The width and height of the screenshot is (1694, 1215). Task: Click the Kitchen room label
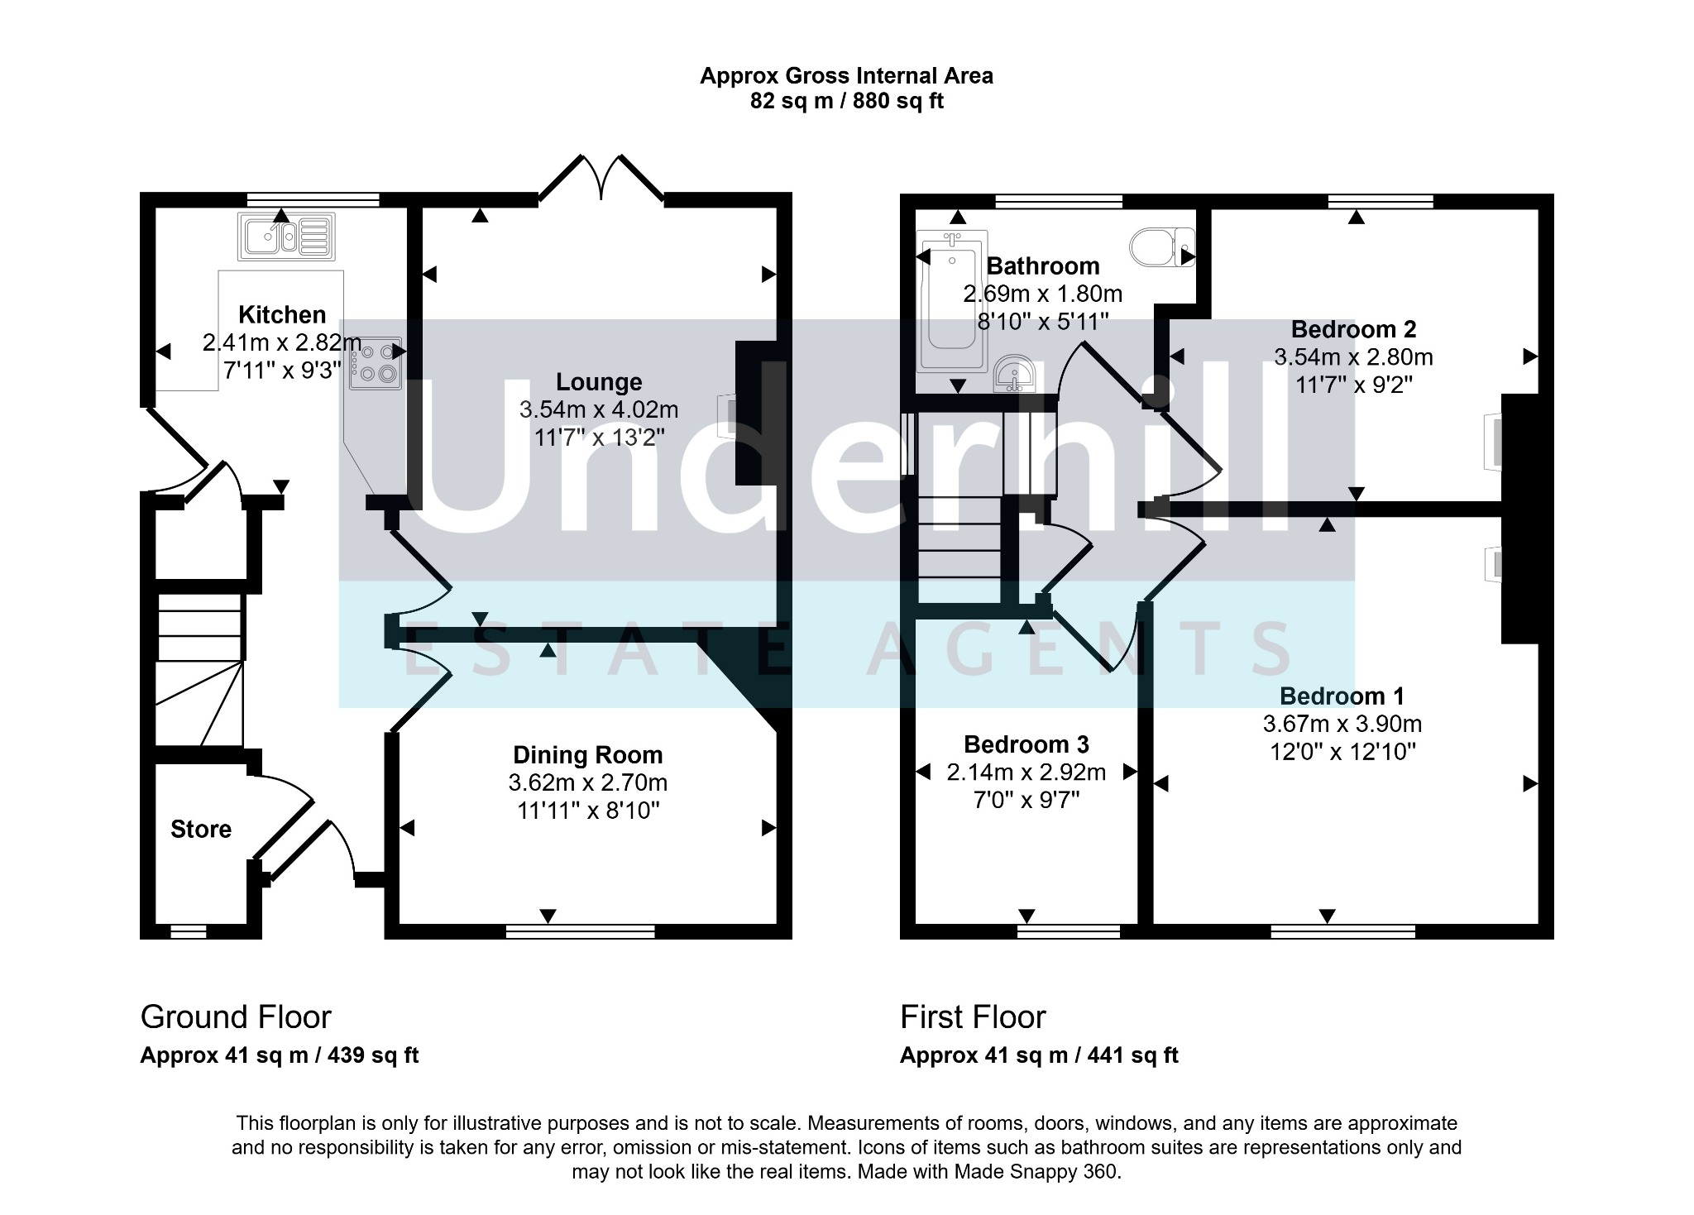click(282, 314)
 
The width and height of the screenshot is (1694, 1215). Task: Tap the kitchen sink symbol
click(287, 236)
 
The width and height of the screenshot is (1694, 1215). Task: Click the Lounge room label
click(599, 381)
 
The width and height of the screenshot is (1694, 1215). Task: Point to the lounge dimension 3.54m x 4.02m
click(599, 409)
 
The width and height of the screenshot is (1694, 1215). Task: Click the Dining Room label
click(588, 754)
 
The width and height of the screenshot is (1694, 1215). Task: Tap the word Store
click(201, 829)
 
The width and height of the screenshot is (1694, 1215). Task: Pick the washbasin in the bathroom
click(1013, 374)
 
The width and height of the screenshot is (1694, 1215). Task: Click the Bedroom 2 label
click(1353, 329)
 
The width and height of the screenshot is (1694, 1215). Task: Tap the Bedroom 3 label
click(1026, 744)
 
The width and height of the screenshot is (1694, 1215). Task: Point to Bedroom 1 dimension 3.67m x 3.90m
click(1342, 724)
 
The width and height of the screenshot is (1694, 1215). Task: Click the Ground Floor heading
click(236, 1016)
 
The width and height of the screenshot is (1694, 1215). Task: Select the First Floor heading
click(973, 1016)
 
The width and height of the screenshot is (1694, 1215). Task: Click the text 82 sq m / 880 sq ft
click(846, 101)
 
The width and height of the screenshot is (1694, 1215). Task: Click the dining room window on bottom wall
click(581, 932)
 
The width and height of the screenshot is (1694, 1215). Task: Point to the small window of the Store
click(189, 932)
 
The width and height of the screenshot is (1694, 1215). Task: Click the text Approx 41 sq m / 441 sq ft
click(1039, 1055)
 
